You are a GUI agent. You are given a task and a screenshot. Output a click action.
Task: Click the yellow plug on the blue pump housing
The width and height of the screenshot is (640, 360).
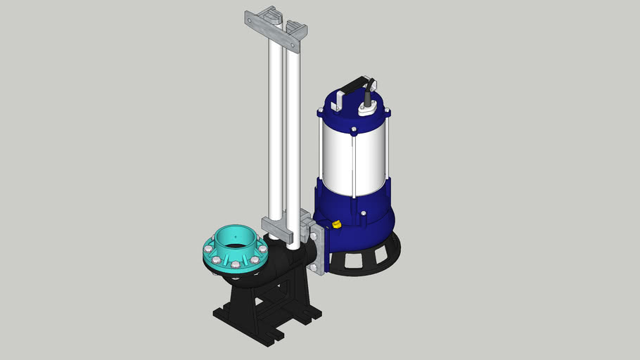click(x=336, y=225)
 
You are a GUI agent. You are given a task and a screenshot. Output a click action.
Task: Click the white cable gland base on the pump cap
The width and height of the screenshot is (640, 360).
click(x=367, y=110)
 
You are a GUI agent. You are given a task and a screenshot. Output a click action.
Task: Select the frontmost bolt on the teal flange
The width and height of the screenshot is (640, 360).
click(x=234, y=266)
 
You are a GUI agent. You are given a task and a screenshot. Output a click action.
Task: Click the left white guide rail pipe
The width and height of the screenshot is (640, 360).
click(x=275, y=127)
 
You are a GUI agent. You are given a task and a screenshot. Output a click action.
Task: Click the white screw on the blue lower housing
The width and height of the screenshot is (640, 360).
click(x=363, y=213)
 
